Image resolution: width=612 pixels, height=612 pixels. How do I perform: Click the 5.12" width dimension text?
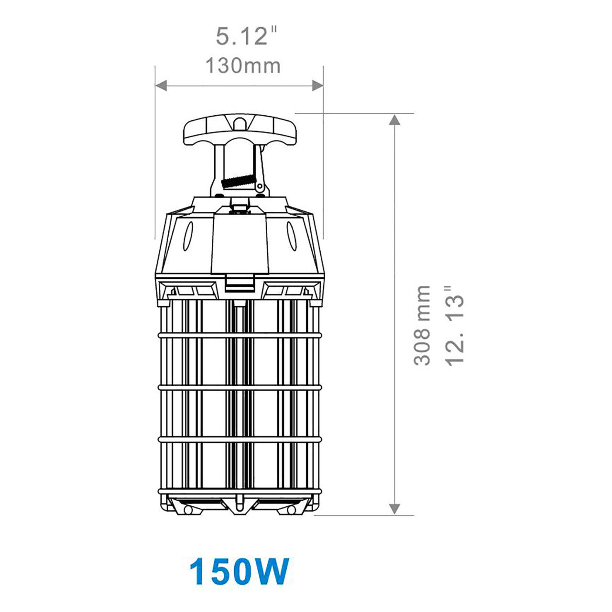246,37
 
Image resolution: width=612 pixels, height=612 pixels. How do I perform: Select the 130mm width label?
242,66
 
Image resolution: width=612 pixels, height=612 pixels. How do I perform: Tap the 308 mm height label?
422,326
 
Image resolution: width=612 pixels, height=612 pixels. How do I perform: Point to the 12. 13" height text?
455,326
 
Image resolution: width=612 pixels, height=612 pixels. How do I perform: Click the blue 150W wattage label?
239,570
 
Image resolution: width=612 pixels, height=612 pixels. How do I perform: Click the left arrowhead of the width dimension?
162,86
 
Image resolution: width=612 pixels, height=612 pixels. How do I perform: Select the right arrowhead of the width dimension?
317,86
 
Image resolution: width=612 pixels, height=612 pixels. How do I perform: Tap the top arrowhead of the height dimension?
394,120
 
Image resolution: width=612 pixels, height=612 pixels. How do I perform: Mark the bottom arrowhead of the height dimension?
394,509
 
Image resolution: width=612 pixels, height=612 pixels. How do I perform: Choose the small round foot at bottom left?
188,511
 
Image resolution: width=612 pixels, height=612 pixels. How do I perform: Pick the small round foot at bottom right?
291,511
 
